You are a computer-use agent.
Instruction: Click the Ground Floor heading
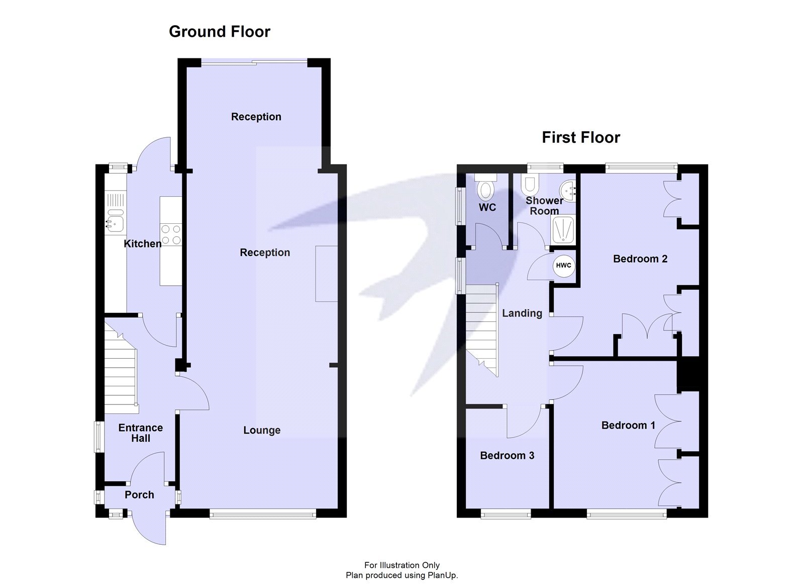[x=220, y=32]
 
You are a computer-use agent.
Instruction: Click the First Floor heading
[x=581, y=137]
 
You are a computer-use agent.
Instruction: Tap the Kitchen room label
[x=143, y=244]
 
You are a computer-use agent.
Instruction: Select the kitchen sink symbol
[x=115, y=221]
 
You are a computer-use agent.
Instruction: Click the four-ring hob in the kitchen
[x=171, y=234]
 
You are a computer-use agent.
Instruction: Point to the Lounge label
[x=262, y=431]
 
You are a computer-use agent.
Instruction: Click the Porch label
[x=139, y=495]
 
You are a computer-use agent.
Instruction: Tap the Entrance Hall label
[x=141, y=433]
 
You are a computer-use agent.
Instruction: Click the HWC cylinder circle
[x=563, y=266]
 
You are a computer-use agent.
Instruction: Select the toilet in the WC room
[x=485, y=190]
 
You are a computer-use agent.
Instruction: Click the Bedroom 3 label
[x=507, y=456]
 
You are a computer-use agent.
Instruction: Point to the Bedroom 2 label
[x=640, y=259]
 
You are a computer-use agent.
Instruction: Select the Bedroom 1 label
[x=628, y=426]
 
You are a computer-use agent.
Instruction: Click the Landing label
[x=522, y=313]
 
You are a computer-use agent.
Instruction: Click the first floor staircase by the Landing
[x=481, y=327]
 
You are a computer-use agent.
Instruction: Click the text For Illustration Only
[x=401, y=565]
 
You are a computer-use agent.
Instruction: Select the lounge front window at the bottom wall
[x=263, y=514]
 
